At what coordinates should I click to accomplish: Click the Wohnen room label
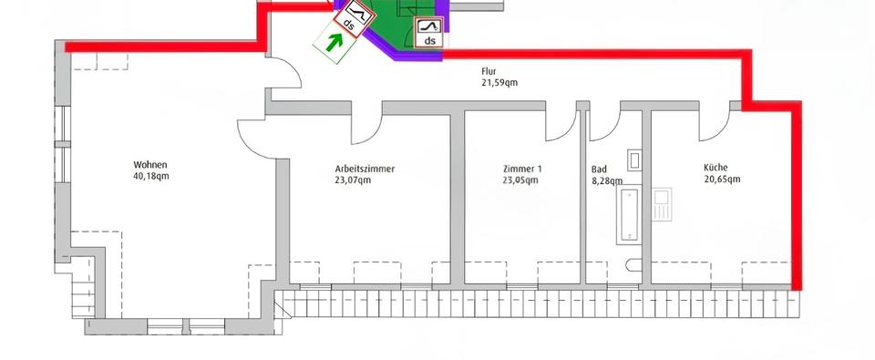point(150,165)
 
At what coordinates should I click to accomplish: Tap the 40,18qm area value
point(150,177)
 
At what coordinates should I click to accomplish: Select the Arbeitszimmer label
point(365,169)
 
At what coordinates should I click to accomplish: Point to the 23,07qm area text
point(353,180)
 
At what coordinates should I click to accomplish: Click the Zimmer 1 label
point(522,169)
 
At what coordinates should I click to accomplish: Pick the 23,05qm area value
point(520,180)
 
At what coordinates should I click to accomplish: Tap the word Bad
point(599,170)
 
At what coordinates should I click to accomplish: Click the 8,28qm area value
point(604,180)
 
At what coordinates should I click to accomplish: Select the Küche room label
point(715,168)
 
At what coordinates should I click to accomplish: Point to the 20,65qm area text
point(722,180)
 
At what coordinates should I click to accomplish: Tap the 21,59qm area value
point(499,83)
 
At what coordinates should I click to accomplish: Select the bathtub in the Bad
point(630,215)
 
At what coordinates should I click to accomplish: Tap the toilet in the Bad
point(633,265)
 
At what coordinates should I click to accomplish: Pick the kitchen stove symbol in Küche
point(662,204)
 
